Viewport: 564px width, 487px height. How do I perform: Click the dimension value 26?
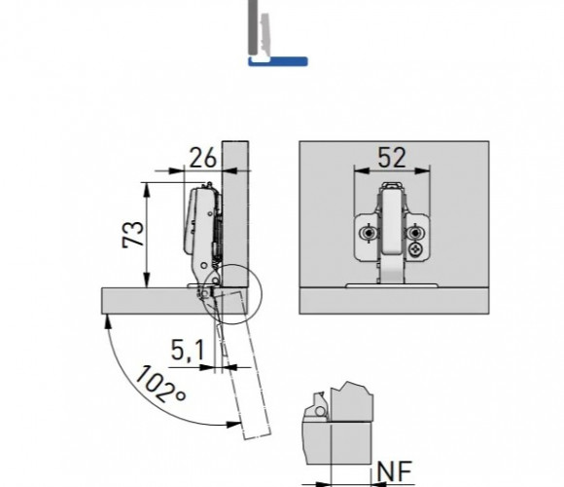pos(203,158)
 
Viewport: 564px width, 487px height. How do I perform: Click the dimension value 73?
pos(133,234)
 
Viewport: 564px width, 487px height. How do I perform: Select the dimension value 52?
pos(392,158)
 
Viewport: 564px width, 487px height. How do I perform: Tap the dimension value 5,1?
pos(188,350)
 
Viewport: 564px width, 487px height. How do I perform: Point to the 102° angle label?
pos(160,385)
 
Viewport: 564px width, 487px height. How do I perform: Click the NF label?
pos(394,471)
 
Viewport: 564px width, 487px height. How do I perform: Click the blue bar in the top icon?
pos(278,61)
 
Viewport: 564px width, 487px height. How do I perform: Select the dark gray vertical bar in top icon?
pos(253,27)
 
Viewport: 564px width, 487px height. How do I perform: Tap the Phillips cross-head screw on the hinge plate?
pos(417,249)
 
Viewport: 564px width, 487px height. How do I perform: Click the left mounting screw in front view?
pos(368,234)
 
